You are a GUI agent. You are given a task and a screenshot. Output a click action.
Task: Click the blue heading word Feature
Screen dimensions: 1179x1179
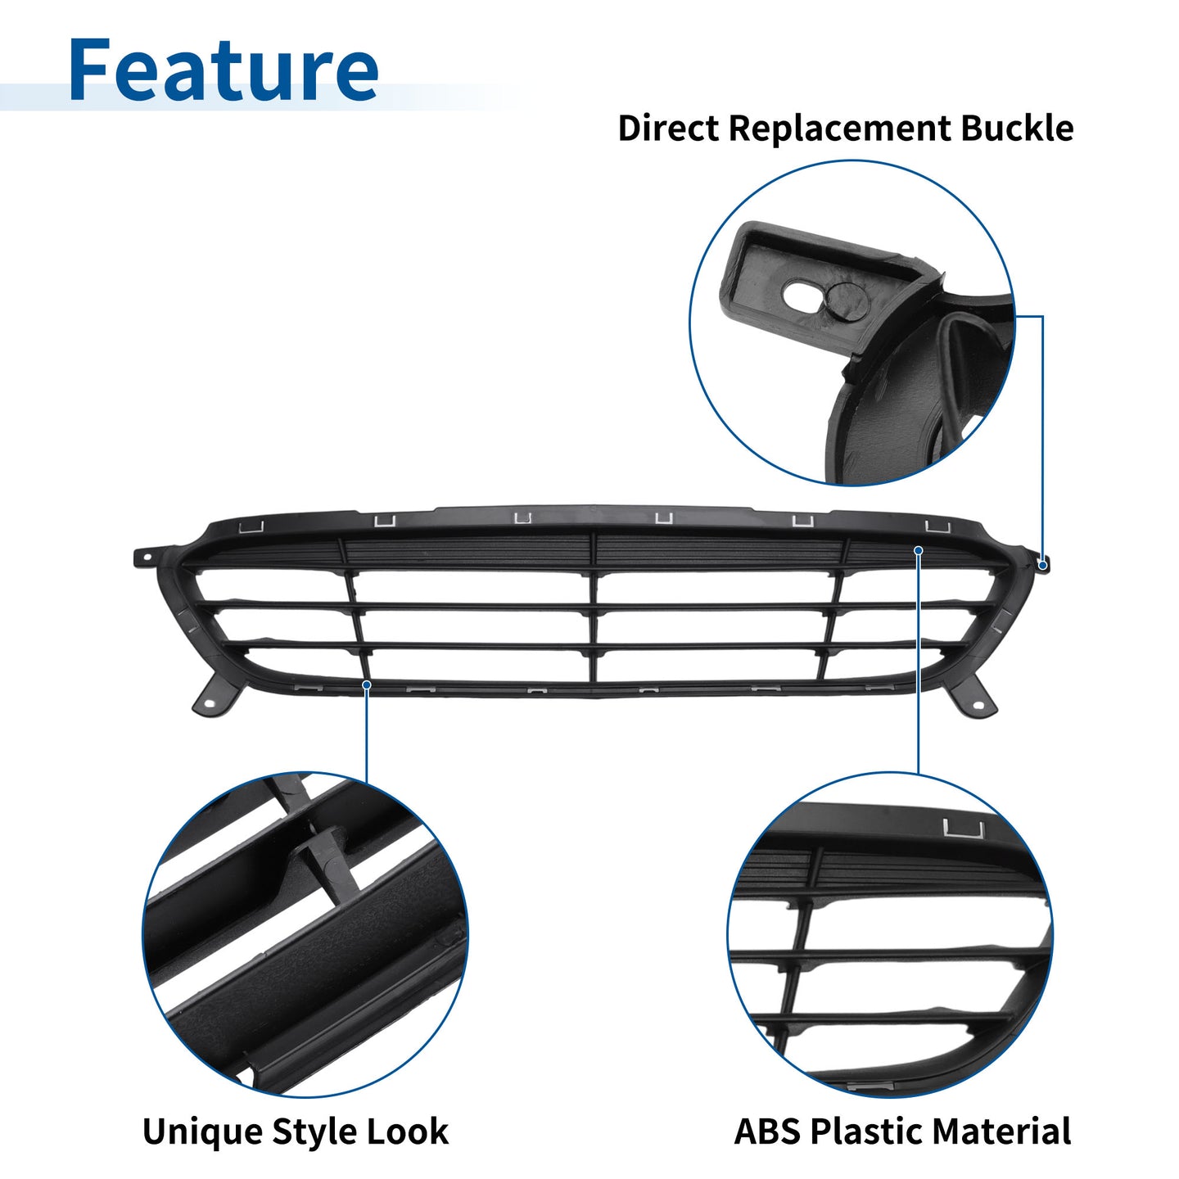click(x=224, y=69)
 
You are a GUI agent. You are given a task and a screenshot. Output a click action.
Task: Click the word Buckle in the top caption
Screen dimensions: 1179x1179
click(x=1016, y=129)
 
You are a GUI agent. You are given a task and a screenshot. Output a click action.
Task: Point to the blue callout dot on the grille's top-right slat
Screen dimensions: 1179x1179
click(x=918, y=551)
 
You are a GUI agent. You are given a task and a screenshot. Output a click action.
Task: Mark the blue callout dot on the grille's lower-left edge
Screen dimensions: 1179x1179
click(x=367, y=684)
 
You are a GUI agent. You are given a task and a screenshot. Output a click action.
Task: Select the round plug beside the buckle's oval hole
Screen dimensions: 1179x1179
click(x=846, y=300)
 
